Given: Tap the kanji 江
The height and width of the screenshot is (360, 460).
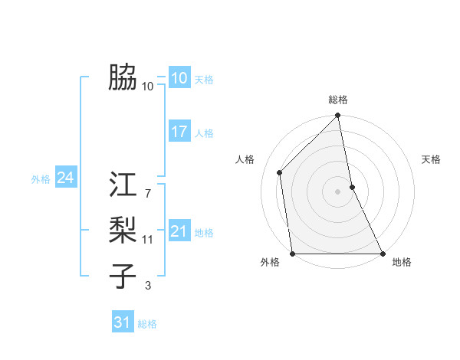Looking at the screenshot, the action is (123, 186).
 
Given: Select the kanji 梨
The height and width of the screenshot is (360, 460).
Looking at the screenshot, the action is (123, 229).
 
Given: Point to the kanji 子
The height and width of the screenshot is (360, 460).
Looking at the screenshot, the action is (123, 274).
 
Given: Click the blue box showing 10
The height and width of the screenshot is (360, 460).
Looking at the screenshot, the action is (179, 78).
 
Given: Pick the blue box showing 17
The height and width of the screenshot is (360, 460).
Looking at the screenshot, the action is (179, 132).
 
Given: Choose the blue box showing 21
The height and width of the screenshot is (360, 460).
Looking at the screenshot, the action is (179, 231).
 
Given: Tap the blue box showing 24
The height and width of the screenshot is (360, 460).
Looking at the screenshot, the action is (65, 178).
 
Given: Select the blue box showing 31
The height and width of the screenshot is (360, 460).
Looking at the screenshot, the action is (122, 322).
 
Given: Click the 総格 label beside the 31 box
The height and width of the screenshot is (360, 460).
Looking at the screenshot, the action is (147, 324).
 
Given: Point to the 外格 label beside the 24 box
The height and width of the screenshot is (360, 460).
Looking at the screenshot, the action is (41, 179).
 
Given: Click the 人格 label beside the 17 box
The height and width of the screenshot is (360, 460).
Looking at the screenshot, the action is (204, 133).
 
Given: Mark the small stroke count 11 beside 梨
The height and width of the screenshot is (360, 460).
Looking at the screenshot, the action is (148, 240).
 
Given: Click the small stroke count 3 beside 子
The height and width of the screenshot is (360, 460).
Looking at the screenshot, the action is (148, 285).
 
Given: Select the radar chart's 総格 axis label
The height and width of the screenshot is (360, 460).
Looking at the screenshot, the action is (338, 100).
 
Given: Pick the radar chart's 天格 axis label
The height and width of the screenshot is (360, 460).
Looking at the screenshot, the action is (431, 159).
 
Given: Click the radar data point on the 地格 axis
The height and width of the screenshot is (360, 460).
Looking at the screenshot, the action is (382, 254).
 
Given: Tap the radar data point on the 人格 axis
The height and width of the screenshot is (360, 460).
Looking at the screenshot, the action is (280, 172).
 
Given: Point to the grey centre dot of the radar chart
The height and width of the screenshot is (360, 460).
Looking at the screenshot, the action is (338, 191).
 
